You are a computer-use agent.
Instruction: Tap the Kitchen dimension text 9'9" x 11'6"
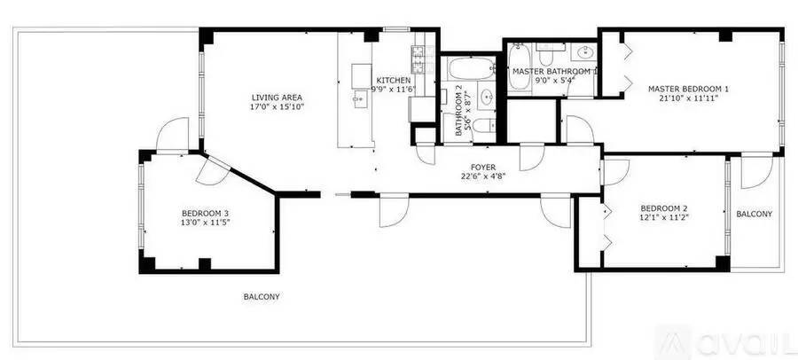coord(393,90)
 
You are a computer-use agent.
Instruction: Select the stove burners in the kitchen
coord(418,59)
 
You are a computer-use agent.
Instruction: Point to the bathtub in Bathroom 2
coord(472,68)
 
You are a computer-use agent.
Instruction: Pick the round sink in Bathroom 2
coord(487,97)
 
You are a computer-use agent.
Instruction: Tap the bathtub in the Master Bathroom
coord(519,67)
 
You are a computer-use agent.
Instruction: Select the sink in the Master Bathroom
coord(583,51)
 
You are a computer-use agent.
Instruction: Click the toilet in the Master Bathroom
coord(545,54)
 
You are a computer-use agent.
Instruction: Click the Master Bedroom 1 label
coord(688,89)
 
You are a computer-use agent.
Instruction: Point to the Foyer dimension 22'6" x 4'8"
coord(482,176)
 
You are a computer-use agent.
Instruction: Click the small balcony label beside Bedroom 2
coord(754,215)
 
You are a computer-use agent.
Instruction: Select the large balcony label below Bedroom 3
coord(261,297)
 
